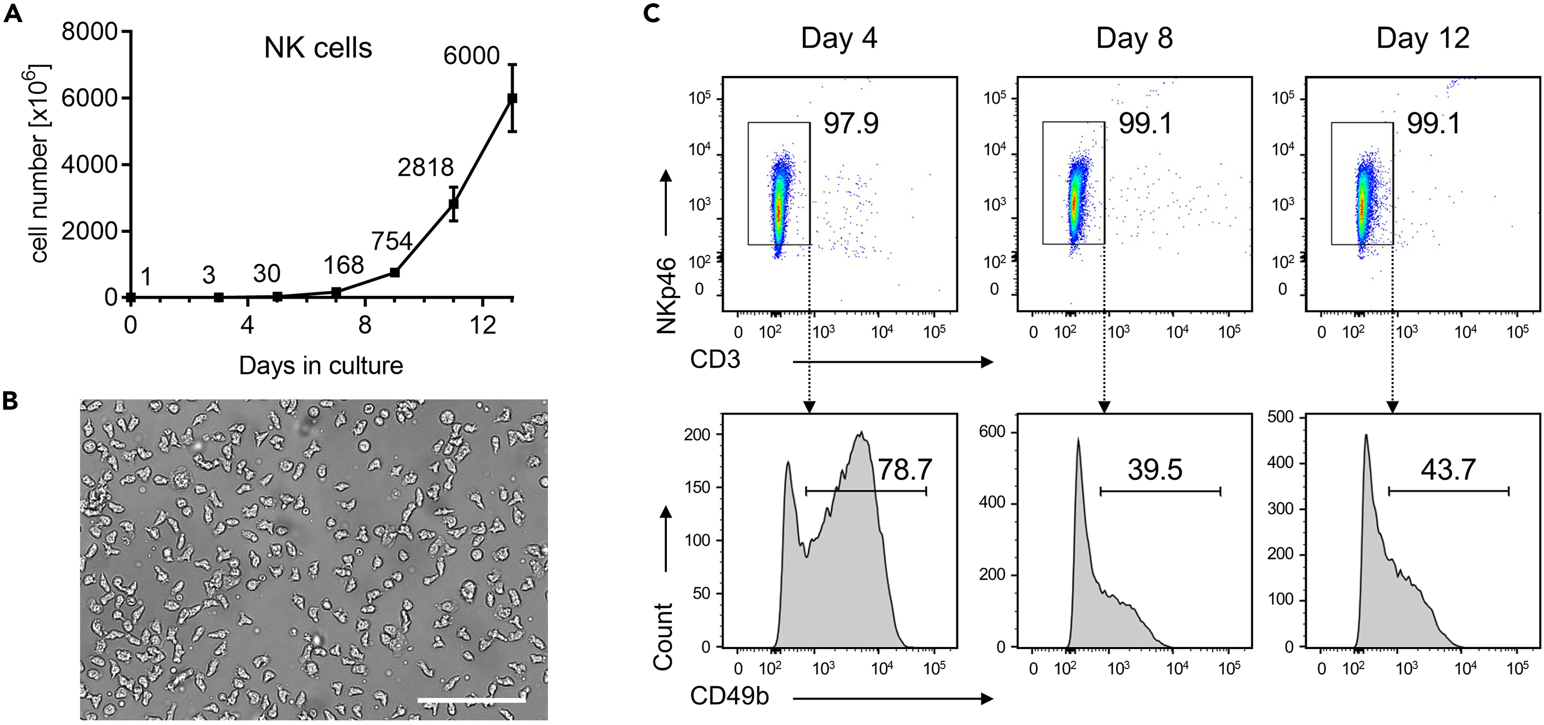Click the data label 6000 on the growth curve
[x=471, y=56]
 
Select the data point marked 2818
[x=454, y=204]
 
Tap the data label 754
[x=391, y=241]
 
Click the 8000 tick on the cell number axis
[x=89, y=31]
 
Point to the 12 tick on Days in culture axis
[x=482, y=326]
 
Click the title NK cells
[x=318, y=48]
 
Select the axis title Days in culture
[x=321, y=365]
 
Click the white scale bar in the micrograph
[x=471, y=699]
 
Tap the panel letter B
[x=10, y=402]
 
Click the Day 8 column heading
[x=1134, y=38]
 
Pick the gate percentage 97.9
[x=851, y=124]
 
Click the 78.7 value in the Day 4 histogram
[x=905, y=469]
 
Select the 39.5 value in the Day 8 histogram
[x=1154, y=469]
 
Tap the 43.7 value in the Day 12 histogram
[x=1447, y=469]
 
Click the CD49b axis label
[x=729, y=696]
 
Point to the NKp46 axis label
[x=666, y=295]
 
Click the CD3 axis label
[x=715, y=360]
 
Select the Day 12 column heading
[x=1422, y=38]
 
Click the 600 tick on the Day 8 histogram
[x=991, y=432]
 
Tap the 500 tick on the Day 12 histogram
[x=1280, y=417]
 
